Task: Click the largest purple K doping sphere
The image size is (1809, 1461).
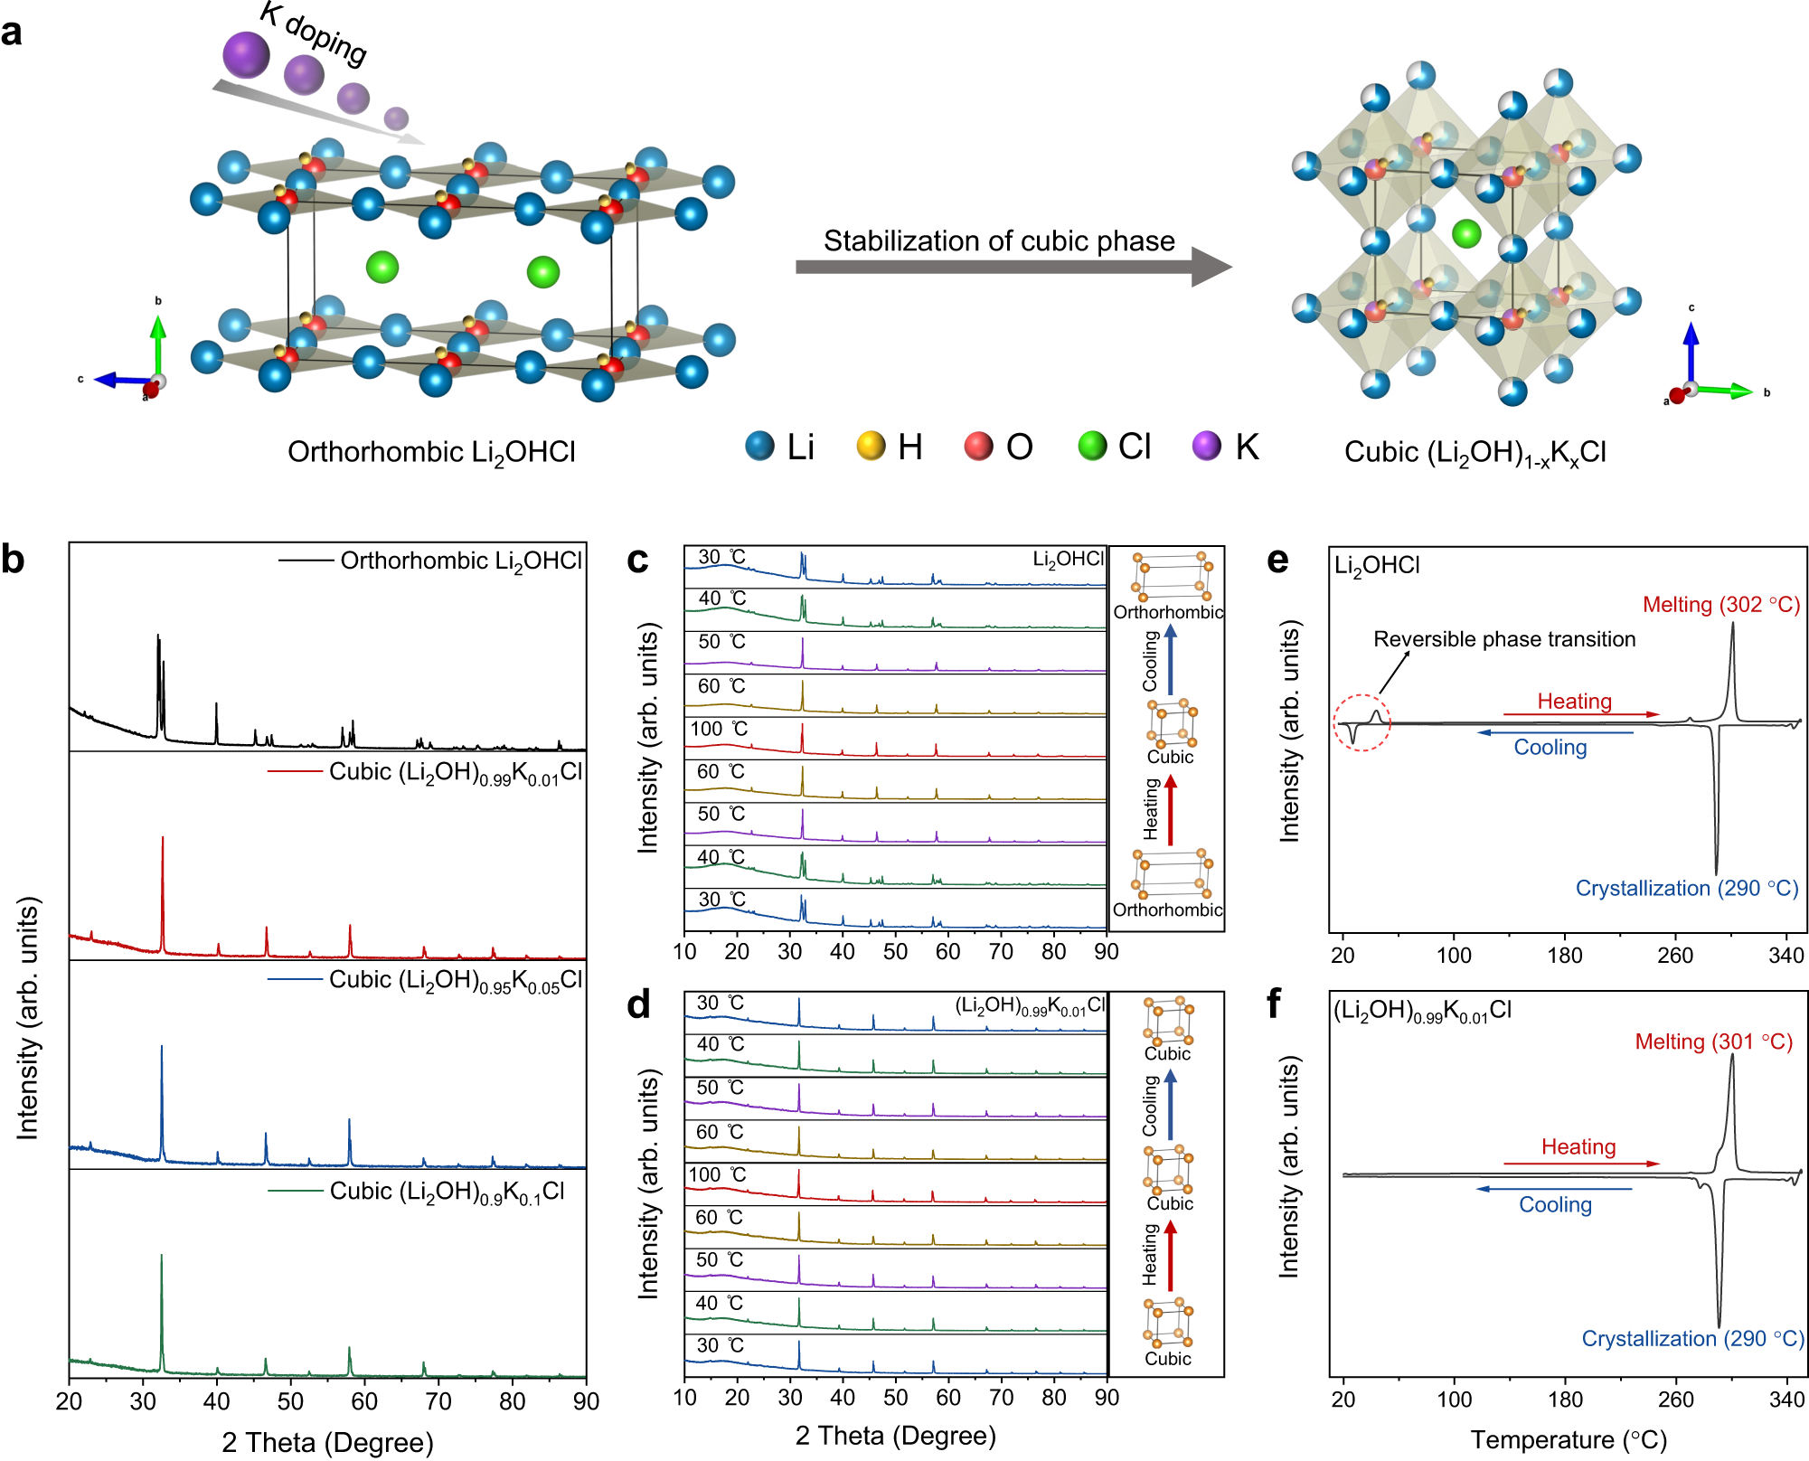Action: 246,54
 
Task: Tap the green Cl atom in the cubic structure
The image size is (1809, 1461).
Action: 1465,233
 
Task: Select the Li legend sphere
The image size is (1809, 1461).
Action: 759,446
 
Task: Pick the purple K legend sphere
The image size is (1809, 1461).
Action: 1206,446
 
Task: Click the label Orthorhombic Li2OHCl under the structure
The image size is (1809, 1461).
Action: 431,452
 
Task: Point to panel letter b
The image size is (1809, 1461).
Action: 13,560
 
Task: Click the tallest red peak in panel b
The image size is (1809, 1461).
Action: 163,841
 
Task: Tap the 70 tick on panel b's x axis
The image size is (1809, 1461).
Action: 438,1401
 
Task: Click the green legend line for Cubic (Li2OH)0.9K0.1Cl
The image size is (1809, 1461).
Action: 296,1192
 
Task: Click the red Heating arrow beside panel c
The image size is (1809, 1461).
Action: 1171,810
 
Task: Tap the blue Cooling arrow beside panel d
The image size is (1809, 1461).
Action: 1171,1105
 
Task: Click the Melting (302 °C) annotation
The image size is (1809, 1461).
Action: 1720,605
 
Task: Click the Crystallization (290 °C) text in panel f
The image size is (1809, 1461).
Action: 1692,1339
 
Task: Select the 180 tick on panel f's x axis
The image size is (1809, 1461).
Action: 1565,1400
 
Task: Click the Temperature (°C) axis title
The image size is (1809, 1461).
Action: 1569,1439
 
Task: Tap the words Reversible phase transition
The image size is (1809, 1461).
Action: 1504,639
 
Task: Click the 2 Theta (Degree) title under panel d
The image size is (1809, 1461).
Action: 895,1436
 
